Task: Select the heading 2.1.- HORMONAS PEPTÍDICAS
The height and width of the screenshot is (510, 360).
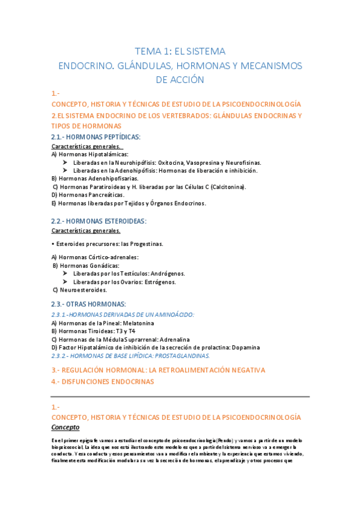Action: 96,137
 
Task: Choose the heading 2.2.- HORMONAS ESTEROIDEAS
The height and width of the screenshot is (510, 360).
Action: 99,221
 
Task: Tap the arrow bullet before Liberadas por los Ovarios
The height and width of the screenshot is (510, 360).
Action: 66,281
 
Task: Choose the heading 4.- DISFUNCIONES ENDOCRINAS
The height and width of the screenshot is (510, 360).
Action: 103,381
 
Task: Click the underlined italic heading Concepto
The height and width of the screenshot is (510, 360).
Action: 66,427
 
